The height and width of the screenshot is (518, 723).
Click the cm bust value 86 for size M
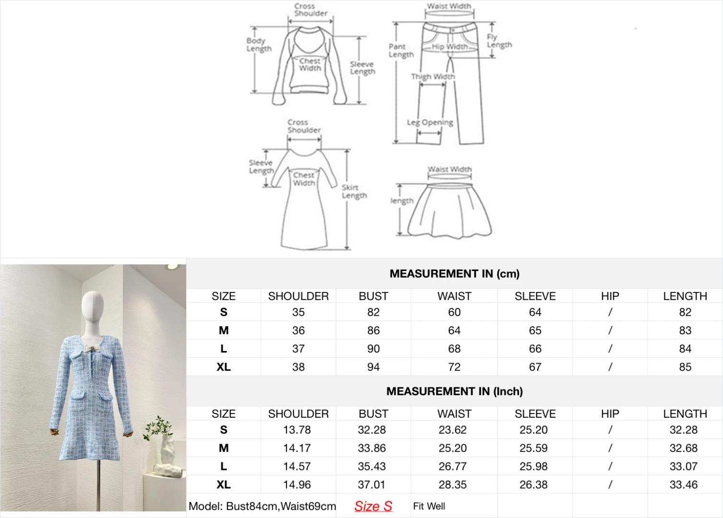(373, 330)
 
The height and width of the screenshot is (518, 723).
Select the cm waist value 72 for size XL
(454, 366)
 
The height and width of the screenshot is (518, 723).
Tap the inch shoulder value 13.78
(297, 430)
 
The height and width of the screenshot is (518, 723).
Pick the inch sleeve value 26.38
(533, 484)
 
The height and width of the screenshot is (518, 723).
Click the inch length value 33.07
(684, 466)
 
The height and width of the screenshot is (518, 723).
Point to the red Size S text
(373, 506)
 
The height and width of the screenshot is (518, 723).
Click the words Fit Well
(429, 506)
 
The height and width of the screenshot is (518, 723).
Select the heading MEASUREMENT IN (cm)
(454, 274)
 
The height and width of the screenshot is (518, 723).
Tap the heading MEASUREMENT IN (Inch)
(454, 391)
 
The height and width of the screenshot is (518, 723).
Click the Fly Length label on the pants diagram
(499, 41)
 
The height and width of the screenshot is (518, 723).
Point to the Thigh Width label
(433, 76)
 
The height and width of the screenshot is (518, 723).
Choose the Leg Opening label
(430, 122)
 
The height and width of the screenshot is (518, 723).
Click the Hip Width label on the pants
(450, 47)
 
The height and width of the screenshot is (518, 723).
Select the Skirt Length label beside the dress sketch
(354, 192)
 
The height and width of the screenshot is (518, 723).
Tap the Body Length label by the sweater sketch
(259, 45)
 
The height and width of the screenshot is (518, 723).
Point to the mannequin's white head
(93, 306)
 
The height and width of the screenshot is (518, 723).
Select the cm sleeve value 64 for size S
(535, 312)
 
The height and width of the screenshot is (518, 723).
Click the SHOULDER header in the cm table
(298, 296)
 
